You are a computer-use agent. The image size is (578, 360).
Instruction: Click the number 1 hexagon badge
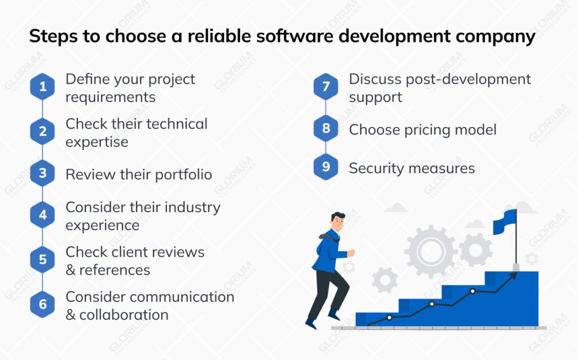click(42, 87)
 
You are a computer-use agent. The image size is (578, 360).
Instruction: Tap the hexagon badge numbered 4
click(42, 215)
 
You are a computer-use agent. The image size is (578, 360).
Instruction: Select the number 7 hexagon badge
click(326, 87)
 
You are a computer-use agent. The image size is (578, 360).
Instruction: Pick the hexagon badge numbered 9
click(326, 167)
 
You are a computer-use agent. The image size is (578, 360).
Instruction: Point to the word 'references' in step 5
click(115, 270)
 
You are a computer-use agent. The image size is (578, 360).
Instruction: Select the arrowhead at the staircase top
click(514, 275)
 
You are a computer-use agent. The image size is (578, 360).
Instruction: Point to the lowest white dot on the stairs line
click(389, 318)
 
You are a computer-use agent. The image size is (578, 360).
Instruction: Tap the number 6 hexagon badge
click(42, 305)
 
